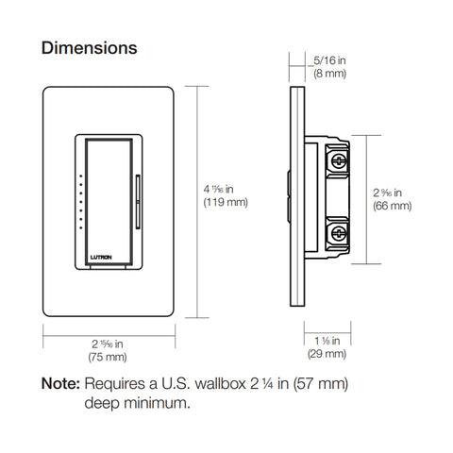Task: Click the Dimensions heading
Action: [x=90, y=47]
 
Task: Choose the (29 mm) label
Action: [x=327, y=354]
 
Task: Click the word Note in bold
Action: [x=60, y=385]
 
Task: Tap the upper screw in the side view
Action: [x=337, y=160]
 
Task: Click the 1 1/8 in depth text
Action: [x=327, y=340]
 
